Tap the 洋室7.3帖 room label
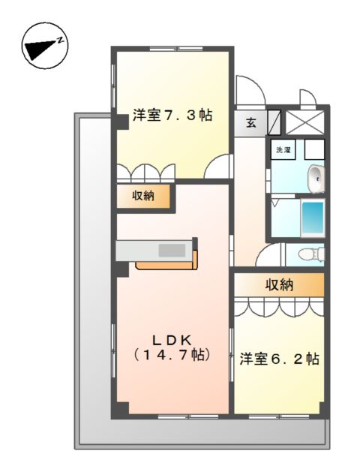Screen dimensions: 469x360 tap(172, 116)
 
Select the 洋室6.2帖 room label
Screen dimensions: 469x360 tap(280, 359)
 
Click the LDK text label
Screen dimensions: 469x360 tap(172, 337)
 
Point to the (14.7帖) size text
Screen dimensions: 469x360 tap(172, 354)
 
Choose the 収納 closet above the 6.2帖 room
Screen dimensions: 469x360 tap(278, 284)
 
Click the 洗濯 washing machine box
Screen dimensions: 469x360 tap(283, 149)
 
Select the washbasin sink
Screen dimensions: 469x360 tap(316, 179)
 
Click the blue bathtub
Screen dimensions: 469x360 tap(311, 218)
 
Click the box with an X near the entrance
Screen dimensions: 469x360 tap(304, 121)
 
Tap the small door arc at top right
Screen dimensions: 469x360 tap(307, 98)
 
